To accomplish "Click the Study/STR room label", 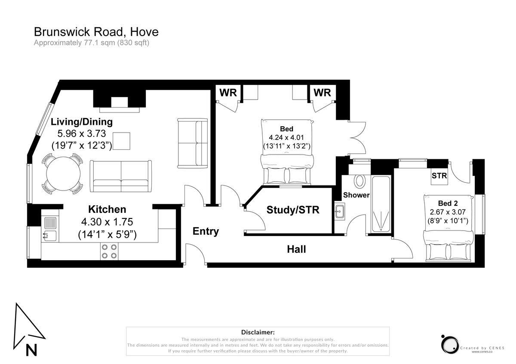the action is [293, 210].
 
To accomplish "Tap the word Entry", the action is [206, 231].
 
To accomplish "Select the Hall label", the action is [296, 249].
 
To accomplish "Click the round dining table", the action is [63, 174].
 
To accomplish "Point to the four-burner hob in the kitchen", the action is [109, 252].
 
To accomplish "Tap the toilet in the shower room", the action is [359, 181].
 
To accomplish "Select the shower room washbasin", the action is [340, 211].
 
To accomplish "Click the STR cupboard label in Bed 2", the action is [439, 176].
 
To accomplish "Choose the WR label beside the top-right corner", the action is [322, 93].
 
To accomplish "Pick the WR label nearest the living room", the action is [228, 93].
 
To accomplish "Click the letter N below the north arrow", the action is [31, 350].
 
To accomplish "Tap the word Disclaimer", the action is [258, 332].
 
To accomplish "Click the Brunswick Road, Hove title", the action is [96, 32].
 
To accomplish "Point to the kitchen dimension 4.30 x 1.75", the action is [107, 222].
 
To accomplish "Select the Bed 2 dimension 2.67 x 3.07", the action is [448, 212].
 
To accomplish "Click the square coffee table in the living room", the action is [121, 141].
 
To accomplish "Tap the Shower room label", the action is [356, 195].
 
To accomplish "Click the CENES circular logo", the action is [450, 345].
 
